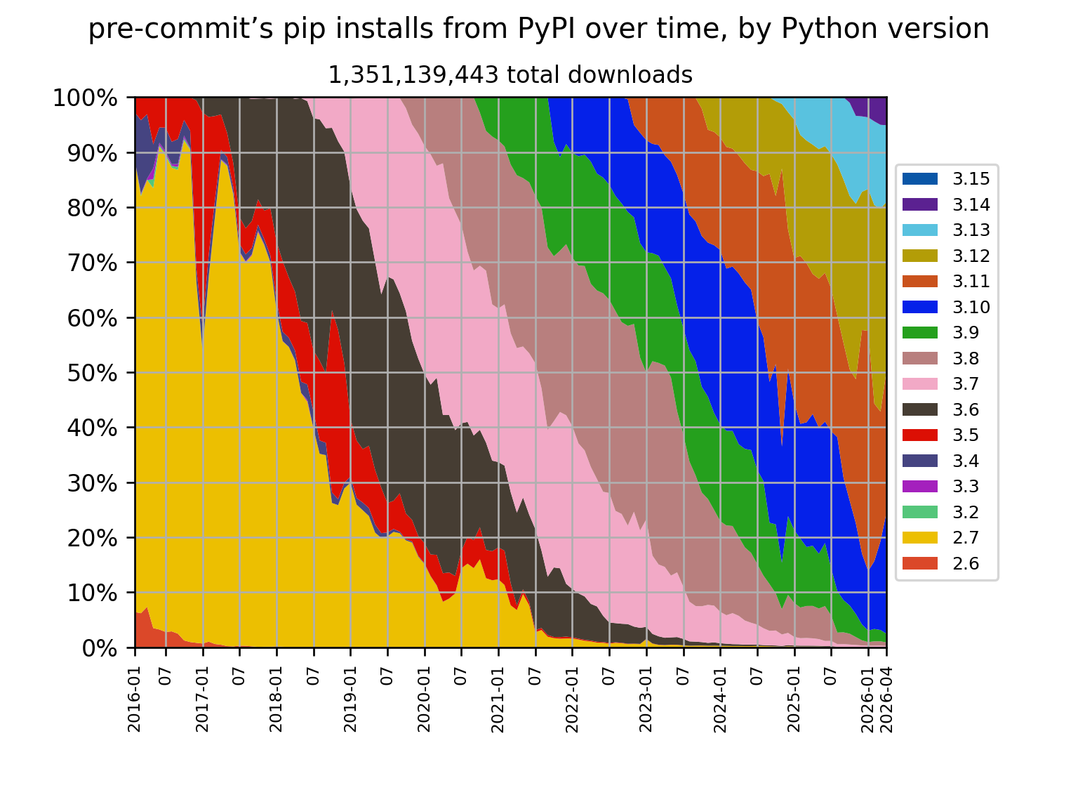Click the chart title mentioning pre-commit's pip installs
coord(538,29)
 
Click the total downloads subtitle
coord(510,75)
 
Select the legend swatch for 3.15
coord(919,179)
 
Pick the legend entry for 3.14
coord(945,204)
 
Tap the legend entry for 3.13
coord(945,230)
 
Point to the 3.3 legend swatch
coord(919,486)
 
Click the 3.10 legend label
coord(971,307)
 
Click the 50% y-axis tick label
coord(92,374)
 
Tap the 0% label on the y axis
coord(99,649)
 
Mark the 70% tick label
coord(92,263)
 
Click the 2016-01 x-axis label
coord(134,699)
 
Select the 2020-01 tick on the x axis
coord(424,699)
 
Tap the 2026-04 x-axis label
coord(886,699)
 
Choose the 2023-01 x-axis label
coord(646,699)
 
